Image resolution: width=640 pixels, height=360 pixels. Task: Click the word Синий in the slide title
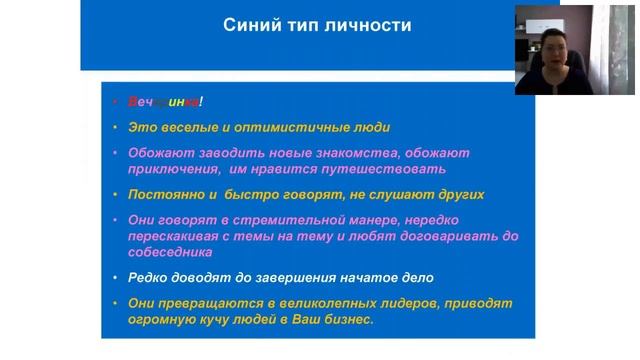(x=246, y=25)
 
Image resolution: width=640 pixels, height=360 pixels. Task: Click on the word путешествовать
(x=387, y=169)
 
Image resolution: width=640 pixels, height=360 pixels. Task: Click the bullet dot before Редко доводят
(x=117, y=277)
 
